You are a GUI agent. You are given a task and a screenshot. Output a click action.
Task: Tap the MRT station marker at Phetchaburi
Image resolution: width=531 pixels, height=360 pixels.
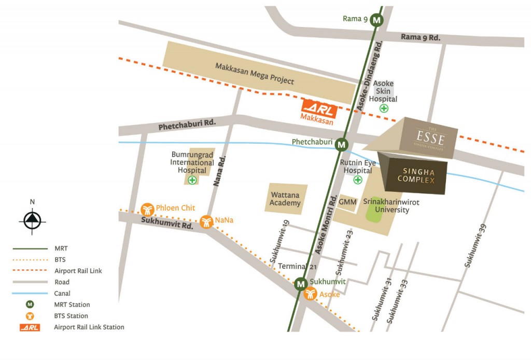click(x=341, y=145)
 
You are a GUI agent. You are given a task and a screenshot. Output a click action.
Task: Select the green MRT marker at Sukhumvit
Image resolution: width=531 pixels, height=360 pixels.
click(x=300, y=284)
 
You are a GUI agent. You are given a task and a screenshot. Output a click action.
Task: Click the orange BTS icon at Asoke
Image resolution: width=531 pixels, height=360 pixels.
click(x=310, y=294)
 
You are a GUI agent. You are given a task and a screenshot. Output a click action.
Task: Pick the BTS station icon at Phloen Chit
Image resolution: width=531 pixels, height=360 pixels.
click(x=147, y=209)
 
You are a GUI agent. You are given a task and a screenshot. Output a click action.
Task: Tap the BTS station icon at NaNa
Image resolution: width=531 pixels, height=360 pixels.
click(x=206, y=221)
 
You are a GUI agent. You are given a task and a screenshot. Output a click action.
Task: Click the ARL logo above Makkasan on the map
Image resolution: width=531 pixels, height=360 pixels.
click(x=319, y=108)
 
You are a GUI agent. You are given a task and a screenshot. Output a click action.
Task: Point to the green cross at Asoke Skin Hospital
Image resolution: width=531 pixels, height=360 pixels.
click(x=384, y=108)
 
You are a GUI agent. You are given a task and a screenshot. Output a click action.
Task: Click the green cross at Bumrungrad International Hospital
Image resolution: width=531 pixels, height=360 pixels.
click(x=192, y=180)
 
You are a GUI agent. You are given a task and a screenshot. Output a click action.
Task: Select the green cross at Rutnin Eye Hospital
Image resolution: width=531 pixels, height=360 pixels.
click(x=358, y=180)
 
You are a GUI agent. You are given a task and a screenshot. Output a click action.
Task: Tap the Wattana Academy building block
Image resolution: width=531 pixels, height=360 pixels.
click(x=286, y=199)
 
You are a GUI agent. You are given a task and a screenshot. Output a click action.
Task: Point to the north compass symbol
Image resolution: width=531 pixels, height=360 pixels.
click(x=32, y=220)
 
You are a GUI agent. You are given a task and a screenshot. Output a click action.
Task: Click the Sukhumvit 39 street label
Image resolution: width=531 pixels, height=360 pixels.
click(x=476, y=247)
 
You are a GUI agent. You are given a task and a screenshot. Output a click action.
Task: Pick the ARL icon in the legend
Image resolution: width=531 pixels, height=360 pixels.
click(x=30, y=327)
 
